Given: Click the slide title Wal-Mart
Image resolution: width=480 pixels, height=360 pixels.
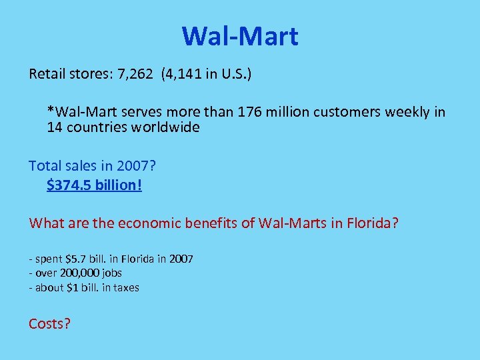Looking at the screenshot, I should tap(240, 36).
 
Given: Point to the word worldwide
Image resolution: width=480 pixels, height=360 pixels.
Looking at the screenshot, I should tap(165, 127).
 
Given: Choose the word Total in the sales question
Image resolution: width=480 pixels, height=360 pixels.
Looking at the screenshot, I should tap(44, 166).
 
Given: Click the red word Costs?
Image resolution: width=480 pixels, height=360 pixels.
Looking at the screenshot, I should tap(49, 324).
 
